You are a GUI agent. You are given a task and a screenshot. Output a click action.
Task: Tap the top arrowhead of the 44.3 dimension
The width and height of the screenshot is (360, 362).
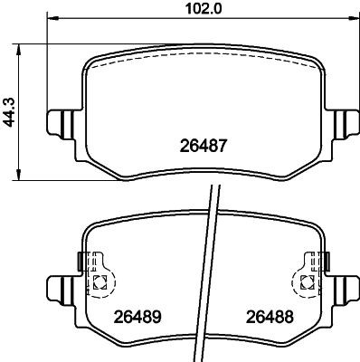click(x=21, y=45)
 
